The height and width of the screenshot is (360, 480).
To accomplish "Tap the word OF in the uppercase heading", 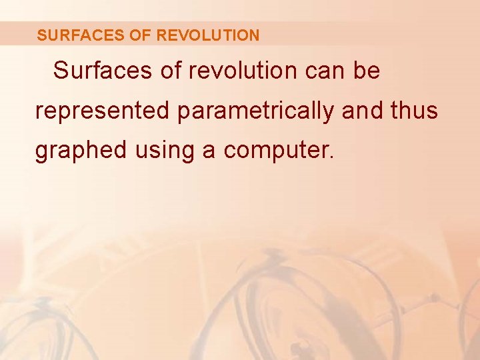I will tap(140, 35).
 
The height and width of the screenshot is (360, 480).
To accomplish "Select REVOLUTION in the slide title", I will tap(207, 35).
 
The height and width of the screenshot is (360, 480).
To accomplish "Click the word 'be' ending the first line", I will tap(367, 71).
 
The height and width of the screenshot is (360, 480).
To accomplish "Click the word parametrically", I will tap(255, 111).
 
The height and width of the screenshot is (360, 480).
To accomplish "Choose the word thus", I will tap(415, 111).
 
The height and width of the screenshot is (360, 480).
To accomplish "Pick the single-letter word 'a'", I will tap(209, 151).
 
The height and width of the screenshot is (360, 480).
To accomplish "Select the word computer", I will tap(276, 151).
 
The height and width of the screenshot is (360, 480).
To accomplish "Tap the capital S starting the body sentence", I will tap(61, 71).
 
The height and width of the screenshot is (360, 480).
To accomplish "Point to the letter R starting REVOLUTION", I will tap(161, 35).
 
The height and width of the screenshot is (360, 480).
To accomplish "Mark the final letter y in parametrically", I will tap(329, 113).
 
